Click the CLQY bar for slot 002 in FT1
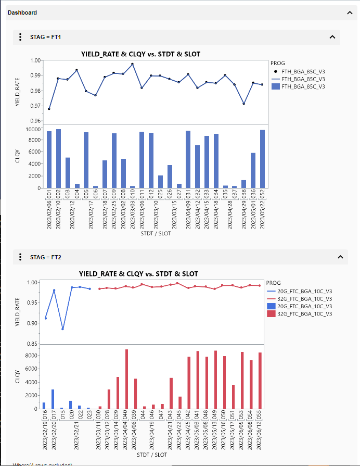(58, 158)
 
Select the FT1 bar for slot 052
(262, 159)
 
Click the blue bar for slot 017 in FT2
(53, 399)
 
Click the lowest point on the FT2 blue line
(62, 329)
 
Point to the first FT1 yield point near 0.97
(49, 109)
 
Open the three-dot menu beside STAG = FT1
(20, 37)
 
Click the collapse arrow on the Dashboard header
(349, 12)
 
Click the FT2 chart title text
(138, 274)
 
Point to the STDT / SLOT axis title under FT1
(156, 233)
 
